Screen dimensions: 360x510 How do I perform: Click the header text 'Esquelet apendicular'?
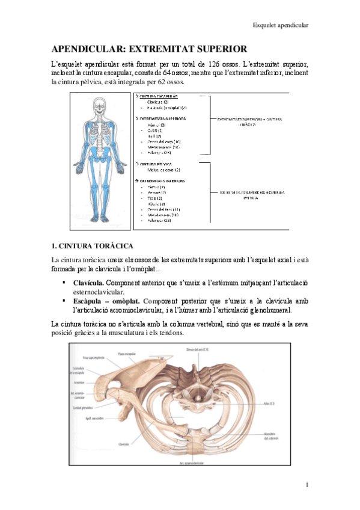tap(280, 25)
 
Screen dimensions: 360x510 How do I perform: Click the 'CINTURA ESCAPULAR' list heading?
tap(159, 96)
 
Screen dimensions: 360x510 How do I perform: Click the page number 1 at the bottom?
tap(307, 485)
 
